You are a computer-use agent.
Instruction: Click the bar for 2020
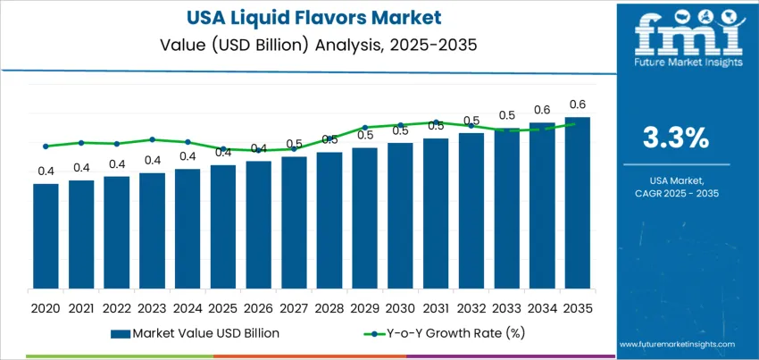(x=46, y=236)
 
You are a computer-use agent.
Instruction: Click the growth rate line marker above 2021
(x=81, y=142)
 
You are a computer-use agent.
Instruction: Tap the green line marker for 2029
(x=364, y=128)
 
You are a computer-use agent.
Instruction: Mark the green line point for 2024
(x=188, y=142)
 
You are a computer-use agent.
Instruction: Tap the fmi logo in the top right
(x=688, y=40)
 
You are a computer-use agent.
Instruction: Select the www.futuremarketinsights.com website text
(x=675, y=344)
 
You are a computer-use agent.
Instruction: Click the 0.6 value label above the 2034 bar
(x=542, y=110)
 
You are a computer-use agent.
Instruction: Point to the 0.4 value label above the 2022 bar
(x=117, y=163)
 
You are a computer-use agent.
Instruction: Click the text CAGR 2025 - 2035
(x=676, y=193)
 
